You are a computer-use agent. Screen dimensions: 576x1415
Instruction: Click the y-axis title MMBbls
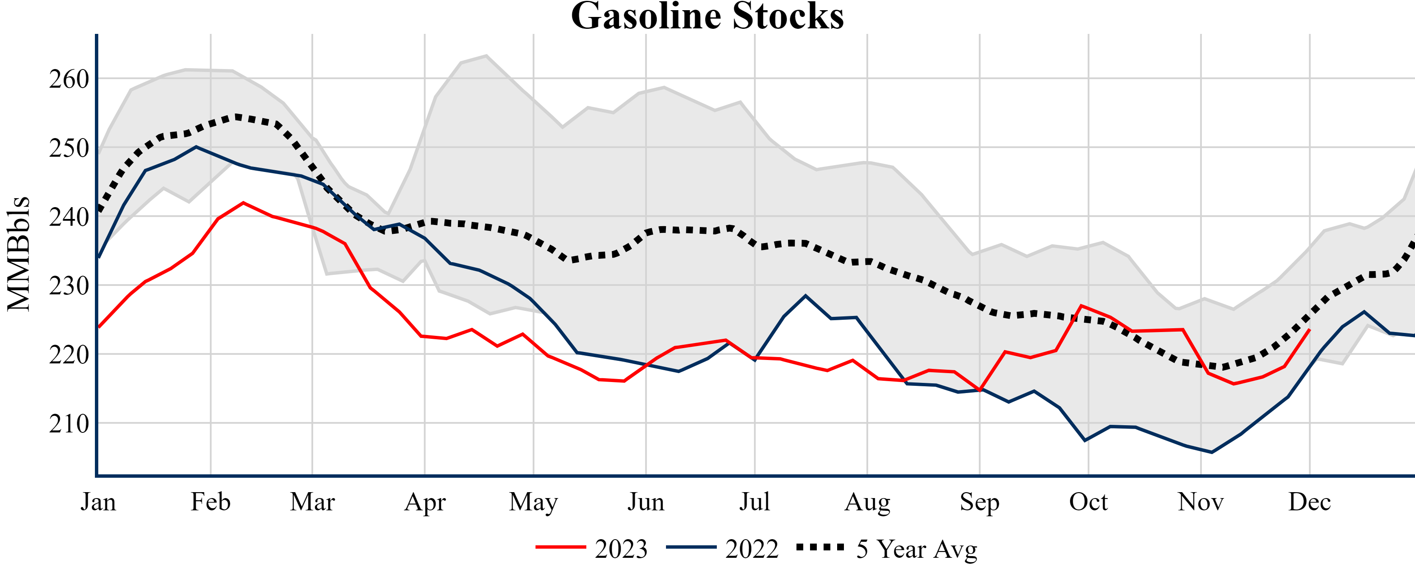[x=19, y=254]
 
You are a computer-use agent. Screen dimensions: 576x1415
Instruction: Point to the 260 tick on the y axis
[x=69, y=79]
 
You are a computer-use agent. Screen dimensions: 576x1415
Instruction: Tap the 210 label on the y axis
[x=69, y=424]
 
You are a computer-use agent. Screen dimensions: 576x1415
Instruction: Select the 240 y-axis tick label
[x=69, y=217]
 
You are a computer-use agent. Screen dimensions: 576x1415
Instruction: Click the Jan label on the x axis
[x=98, y=502]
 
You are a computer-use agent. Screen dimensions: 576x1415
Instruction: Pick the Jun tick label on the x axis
[x=646, y=502]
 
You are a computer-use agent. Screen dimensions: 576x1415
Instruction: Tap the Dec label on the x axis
[x=1310, y=502]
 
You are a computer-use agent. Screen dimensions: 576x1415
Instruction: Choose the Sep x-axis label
[x=979, y=502]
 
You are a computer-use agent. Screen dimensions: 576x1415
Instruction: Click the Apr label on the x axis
[x=424, y=502]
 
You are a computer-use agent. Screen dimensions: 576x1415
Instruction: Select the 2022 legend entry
[x=722, y=548]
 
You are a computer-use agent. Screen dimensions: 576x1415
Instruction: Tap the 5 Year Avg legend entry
[x=887, y=548]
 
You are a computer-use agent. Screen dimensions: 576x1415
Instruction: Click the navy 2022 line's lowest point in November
[x=1212, y=452]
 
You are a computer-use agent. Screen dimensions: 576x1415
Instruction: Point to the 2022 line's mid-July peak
[x=806, y=296]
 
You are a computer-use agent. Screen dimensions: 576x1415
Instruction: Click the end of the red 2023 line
[x=1310, y=330]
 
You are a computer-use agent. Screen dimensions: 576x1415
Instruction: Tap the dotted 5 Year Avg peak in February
[x=237, y=116]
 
